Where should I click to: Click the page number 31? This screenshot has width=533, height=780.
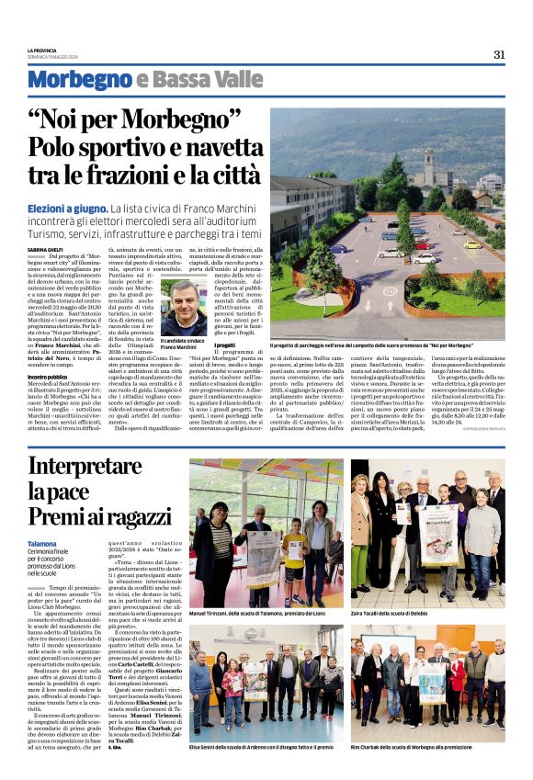click(499, 54)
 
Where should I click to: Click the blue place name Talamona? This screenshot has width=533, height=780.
click(42, 544)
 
